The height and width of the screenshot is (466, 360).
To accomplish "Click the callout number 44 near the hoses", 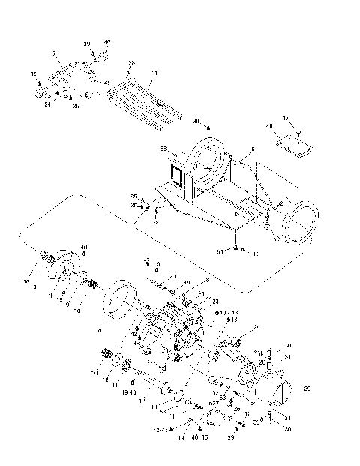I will click(153, 74).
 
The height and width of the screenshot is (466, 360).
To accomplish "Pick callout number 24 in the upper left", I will click(48, 104).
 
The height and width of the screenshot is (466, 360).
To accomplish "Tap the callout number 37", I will click(150, 360).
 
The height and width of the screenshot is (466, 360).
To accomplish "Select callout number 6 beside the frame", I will click(253, 149).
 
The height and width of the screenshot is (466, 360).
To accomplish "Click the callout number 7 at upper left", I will click(54, 52).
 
